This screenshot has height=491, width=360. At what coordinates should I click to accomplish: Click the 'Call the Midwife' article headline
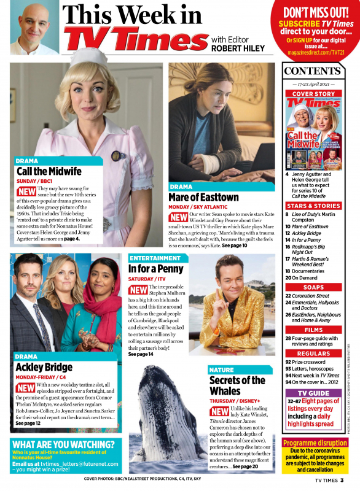pyautogui.click(x=50, y=171)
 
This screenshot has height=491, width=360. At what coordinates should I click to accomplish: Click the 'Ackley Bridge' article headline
pyautogui.click(x=44, y=367)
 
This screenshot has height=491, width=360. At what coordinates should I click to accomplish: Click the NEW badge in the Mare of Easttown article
pyautogui.click(x=179, y=217)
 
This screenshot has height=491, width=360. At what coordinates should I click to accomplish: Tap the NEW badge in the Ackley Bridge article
pyautogui.click(x=25, y=388)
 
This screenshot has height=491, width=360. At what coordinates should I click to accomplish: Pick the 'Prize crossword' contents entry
pyautogui.click(x=313, y=362)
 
